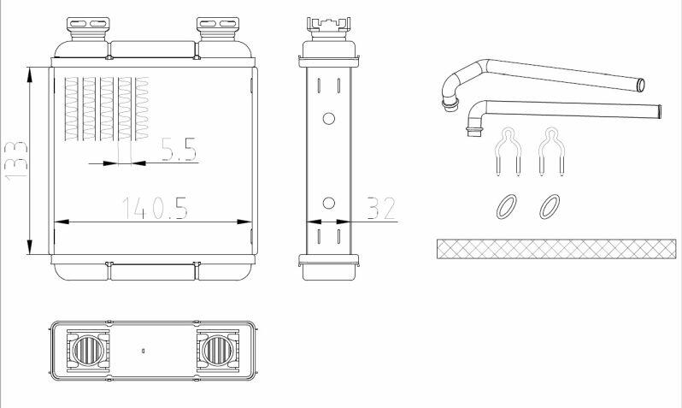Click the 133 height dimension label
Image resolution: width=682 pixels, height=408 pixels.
(x=16, y=160)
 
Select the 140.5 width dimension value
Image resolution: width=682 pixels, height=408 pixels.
(x=155, y=208)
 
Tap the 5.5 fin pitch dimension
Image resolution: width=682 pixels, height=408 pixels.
(x=179, y=150)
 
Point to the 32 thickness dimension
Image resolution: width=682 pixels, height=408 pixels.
(x=381, y=208)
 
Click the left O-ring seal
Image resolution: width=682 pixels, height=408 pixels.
(x=507, y=206)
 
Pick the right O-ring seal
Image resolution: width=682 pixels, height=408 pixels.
(x=550, y=206)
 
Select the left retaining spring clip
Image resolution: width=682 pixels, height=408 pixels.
(x=508, y=151)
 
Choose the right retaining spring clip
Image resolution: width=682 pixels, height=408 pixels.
(x=551, y=151)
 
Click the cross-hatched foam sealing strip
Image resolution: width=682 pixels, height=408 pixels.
(x=556, y=249)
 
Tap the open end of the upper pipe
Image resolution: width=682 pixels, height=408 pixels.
(x=640, y=85)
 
